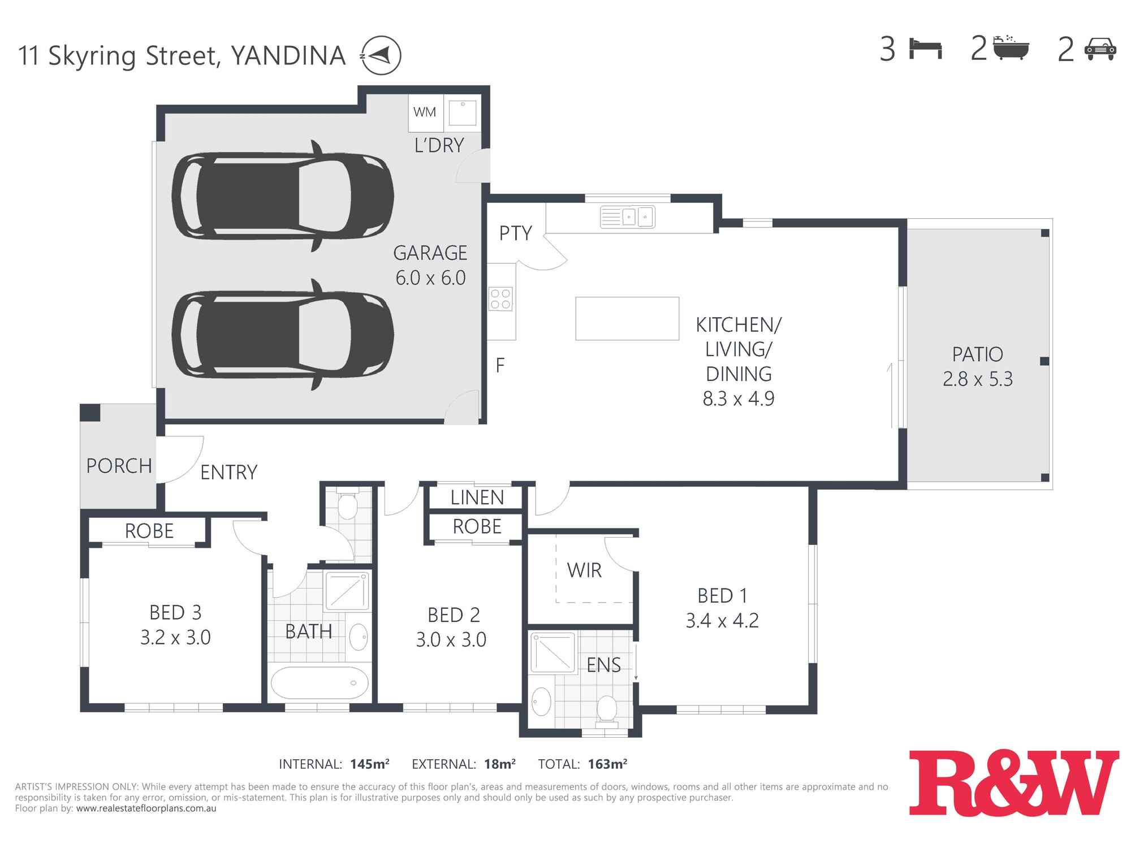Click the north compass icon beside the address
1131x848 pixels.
pyautogui.click(x=381, y=55)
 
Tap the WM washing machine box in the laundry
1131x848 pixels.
pyautogui.click(x=425, y=112)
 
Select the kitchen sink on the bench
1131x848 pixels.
pyautogui.click(x=628, y=217)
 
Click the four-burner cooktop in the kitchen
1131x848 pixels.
pyautogui.click(x=500, y=299)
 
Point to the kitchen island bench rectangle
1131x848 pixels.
pyautogui.click(x=627, y=318)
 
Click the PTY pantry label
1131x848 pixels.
pyautogui.click(x=515, y=233)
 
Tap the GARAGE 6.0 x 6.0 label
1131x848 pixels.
pyautogui.click(x=430, y=265)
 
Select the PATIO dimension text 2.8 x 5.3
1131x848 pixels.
pyautogui.click(x=977, y=379)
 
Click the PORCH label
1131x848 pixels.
pyautogui.click(x=119, y=466)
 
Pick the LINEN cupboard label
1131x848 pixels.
pyautogui.click(x=477, y=497)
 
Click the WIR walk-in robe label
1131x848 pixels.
pyautogui.click(x=584, y=570)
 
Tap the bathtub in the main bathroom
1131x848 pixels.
pyautogui.click(x=320, y=683)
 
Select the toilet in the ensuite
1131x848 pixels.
pyautogui.click(x=607, y=708)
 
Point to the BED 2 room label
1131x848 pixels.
pyautogui.click(x=454, y=615)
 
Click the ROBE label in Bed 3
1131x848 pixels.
pyautogui.click(x=149, y=531)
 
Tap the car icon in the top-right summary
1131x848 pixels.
pyautogui.click(x=1100, y=49)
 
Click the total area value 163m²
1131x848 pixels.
pyautogui.click(x=607, y=764)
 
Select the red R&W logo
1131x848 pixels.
pyautogui.click(x=1013, y=783)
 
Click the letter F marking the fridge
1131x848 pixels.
pyautogui.click(x=500, y=366)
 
